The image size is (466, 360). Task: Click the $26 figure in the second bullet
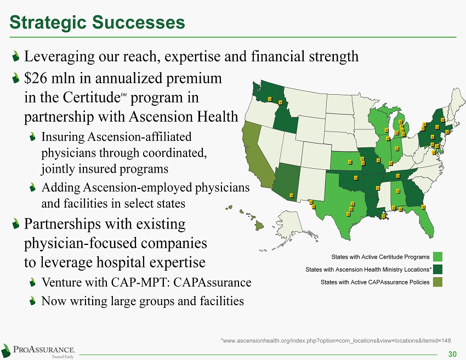point(36,78)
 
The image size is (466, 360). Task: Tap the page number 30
point(452,354)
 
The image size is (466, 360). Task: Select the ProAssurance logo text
point(44,349)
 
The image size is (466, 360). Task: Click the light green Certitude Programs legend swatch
point(437,256)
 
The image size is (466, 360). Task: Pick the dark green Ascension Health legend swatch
point(437,270)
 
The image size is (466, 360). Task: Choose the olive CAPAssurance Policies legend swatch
point(437,282)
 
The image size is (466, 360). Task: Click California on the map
point(255,157)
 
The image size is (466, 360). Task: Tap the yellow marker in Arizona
point(292,195)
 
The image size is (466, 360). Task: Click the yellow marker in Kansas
point(350,162)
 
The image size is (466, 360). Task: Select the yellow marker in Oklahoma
point(356,178)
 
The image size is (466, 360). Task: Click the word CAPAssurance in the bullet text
point(212,283)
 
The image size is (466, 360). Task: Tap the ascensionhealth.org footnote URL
point(336,341)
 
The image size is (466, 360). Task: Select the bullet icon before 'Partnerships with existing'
point(16,224)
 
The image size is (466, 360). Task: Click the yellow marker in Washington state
point(270,99)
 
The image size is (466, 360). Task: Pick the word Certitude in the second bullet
point(91,98)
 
